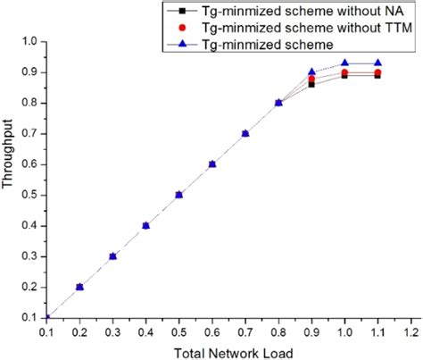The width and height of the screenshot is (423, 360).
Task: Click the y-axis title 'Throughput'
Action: tap(10, 178)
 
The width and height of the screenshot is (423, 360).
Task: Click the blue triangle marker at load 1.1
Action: tap(377, 63)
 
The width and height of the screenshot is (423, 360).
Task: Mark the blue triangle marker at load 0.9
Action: tap(311, 72)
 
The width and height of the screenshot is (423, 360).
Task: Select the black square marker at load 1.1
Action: tap(377, 76)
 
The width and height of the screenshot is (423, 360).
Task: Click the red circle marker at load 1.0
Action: tap(344, 72)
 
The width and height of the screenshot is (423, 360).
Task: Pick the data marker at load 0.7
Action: tap(245, 133)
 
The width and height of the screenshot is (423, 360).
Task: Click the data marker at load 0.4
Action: tap(146, 225)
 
